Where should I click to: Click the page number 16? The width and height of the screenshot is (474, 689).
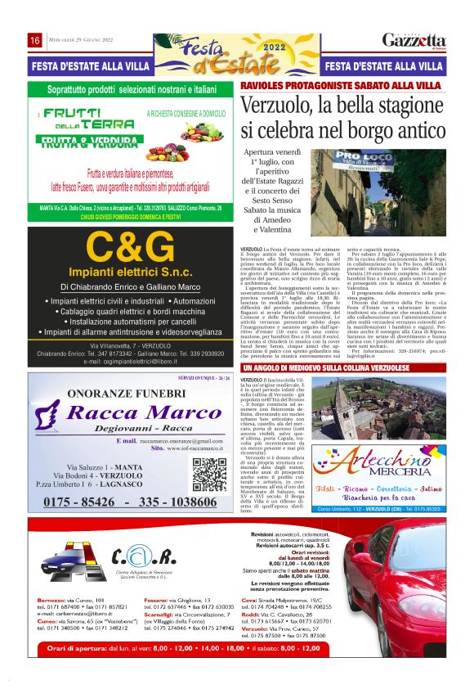point(35,41)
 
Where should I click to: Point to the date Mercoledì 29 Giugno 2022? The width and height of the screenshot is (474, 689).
point(78,41)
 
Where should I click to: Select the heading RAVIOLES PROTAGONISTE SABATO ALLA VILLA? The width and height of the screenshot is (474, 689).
point(343,85)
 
